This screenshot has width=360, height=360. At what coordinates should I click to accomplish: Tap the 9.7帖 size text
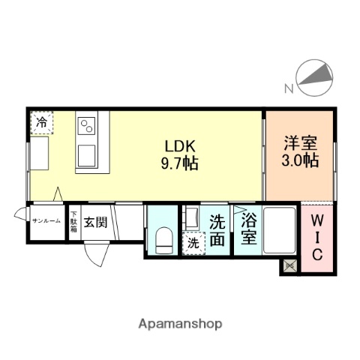[x=181, y=163]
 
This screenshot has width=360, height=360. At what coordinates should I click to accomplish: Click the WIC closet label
[x=316, y=238]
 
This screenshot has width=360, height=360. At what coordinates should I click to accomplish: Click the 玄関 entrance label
[x=94, y=222]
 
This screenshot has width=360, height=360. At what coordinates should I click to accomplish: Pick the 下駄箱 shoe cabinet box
[x=73, y=223]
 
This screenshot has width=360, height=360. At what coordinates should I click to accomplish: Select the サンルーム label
[x=46, y=221]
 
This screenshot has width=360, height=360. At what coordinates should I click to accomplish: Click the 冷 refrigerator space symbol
[x=43, y=121]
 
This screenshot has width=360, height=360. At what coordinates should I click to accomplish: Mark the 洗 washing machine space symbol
[x=193, y=243]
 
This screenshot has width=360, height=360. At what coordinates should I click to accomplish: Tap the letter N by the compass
[x=288, y=90]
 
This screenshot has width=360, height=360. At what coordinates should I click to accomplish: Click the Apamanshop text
[x=181, y=324]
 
